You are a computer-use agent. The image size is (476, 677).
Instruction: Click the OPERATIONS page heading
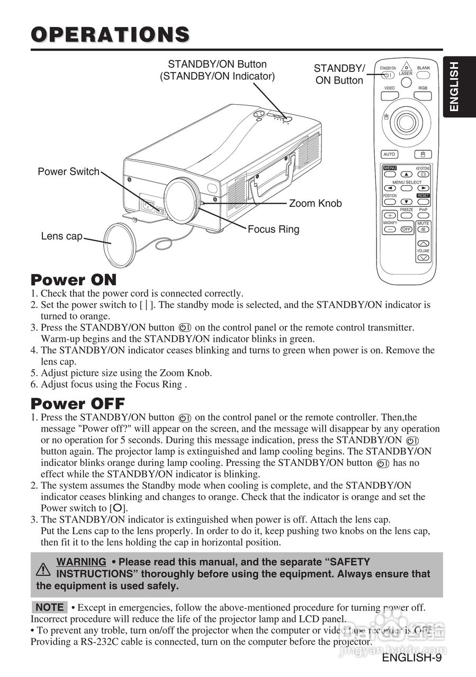tap(110, 34)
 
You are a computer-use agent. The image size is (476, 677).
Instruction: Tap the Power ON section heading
tap(74, 279)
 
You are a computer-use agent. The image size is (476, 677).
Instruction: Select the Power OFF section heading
tap(78, 404)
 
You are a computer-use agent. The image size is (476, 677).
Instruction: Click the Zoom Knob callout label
tap(315, 204)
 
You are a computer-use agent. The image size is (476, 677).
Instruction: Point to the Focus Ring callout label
tap(273, 230)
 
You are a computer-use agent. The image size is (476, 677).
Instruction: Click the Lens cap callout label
tap(62, 236)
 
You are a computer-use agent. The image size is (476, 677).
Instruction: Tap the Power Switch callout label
tap(68, 171)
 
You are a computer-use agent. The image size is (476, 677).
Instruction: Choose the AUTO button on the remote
tap(389, 154)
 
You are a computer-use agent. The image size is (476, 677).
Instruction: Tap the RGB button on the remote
tap(423, 96)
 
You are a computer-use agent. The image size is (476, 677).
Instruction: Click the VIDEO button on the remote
tap(389, 96)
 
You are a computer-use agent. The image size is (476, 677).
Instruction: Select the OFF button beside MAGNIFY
tap(406, 230)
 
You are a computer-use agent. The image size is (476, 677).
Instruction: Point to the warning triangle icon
tap(43, 569)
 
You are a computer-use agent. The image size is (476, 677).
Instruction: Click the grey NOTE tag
tap(50, 607)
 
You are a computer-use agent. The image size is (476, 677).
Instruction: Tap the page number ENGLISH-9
tap(411, 658)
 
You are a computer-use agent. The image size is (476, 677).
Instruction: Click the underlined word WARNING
tap(81, 562)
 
